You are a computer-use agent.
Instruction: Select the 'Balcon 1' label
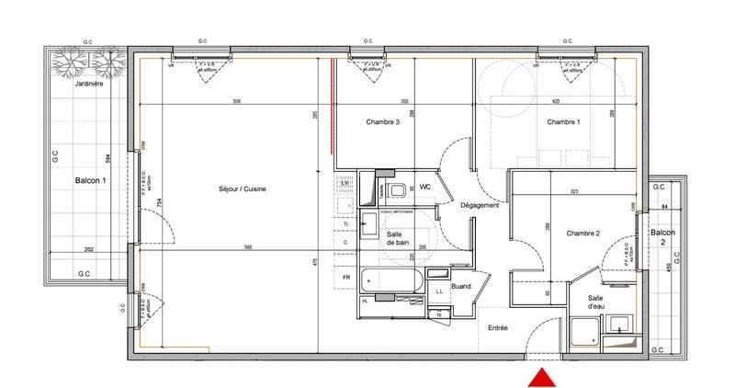[90, 181]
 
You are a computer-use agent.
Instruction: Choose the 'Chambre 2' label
[582, 234]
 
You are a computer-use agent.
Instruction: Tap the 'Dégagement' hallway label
[480, 205]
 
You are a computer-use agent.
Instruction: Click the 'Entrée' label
[498, 326]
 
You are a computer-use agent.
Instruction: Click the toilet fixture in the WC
[396, 191]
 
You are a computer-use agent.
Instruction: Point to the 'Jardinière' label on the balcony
[88, 84]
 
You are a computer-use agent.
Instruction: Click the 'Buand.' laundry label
[460, 288]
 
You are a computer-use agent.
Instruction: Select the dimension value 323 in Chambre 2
[573, 191]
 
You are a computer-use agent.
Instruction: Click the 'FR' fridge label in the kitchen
[346, 277]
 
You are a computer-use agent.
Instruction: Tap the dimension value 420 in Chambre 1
[556, 101]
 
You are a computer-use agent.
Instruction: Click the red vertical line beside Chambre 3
[332, 104]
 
